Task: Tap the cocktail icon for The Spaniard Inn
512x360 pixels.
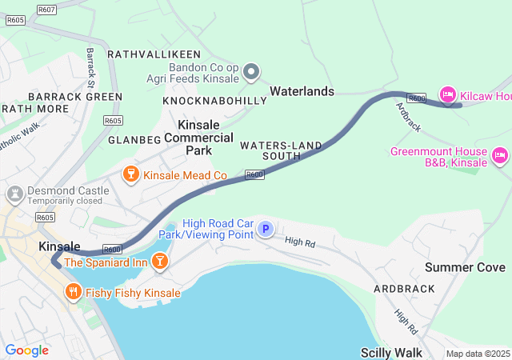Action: coord(160,261)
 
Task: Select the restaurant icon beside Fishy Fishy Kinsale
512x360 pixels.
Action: coord(74,293)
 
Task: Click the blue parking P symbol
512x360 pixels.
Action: coord(266,230)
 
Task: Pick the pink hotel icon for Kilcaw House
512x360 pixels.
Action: coord(448,95)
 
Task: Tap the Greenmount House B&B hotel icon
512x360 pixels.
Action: coord(501,155)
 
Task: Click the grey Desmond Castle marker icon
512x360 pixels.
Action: coord(14,194)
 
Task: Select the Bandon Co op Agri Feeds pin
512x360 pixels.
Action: coord(251,74)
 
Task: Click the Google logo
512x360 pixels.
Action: coord(26,350)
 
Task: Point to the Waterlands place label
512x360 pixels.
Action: coord(302,92)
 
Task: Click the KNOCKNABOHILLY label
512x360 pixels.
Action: coord(214,102)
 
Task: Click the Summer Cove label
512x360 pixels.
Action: coord(465,267)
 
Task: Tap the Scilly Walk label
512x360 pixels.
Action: coord(390,352)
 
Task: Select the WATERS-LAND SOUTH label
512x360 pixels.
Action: coord(281,150)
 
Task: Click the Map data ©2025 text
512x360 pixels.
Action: coord(477,354)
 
